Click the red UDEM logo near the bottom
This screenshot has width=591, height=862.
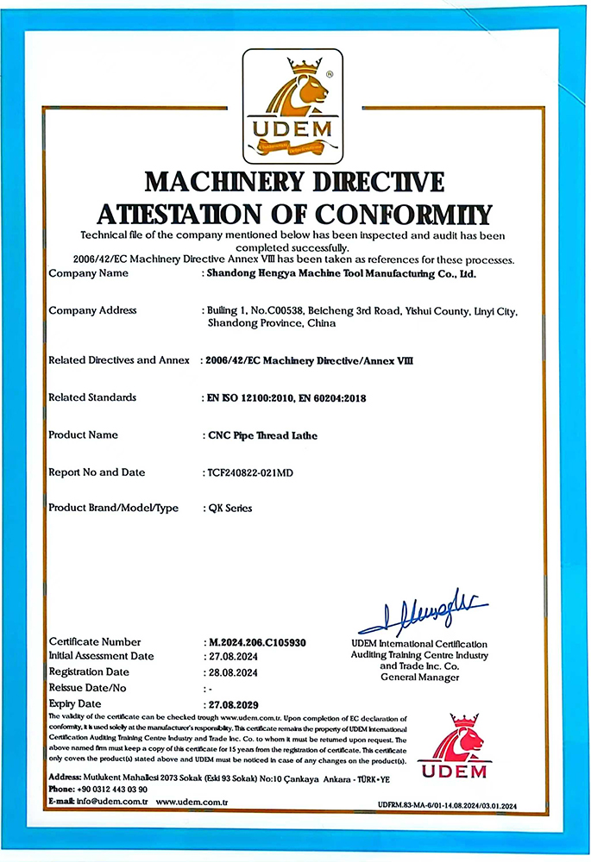coord(453,747)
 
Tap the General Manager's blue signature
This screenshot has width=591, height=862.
coord(422,614)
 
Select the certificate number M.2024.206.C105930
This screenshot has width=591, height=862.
coord(257,642)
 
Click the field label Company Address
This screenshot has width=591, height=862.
coord(93,310)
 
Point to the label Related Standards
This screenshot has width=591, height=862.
coord(92,397)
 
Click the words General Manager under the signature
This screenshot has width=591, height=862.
coord(419,678)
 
